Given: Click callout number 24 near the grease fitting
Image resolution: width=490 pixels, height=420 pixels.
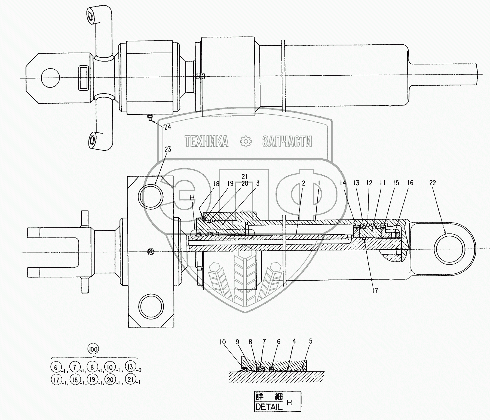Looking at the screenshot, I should pos(167,127).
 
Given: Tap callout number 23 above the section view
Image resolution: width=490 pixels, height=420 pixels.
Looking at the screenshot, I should pos(168,149).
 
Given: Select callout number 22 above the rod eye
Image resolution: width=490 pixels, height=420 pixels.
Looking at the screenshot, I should pos(433,183).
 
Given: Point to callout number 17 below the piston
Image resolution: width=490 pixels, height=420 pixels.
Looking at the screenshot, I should pos(375,291).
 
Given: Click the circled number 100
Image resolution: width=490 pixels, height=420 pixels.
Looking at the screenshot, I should pos(93,349).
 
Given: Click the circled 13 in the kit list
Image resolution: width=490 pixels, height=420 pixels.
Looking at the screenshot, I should pos(130,367).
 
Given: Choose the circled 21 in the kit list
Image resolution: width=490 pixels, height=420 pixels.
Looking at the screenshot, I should pos(131,379).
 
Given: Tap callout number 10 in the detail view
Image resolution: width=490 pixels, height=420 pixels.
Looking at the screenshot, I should pos(223,342).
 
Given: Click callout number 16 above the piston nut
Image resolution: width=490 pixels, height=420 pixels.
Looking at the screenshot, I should pos(410,183).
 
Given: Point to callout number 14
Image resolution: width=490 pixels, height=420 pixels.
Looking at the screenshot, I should pos(343,183).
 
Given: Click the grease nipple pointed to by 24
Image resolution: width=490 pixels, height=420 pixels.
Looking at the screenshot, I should pos(149,117).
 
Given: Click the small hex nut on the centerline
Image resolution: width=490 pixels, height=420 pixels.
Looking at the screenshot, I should pos(150,252).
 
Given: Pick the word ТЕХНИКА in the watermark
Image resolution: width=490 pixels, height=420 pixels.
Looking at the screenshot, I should pos(206,141).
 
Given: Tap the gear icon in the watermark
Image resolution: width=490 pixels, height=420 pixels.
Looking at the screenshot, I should pos(246,141).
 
